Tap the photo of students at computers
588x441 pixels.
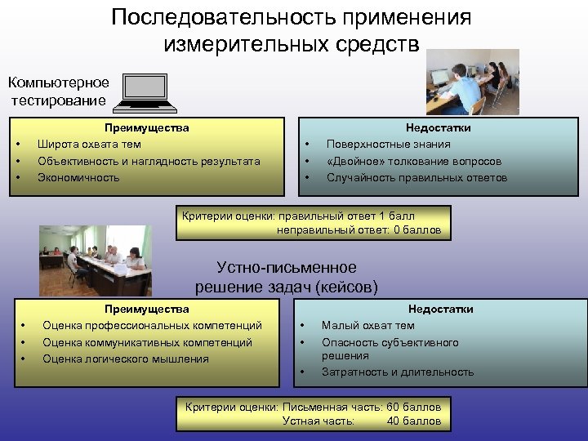(x=472, y=81)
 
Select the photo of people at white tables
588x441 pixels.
(x=96, y=261)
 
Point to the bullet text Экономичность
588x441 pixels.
(x=78, y=177)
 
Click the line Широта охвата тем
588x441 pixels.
(x=89, y=145)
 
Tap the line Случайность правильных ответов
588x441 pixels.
(x=416, y=177)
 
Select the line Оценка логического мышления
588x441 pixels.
(x=125, y=359)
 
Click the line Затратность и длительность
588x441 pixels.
(x=397, y=372)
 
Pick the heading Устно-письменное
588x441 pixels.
(x=287, y=268)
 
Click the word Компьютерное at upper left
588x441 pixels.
(x=58, y=83)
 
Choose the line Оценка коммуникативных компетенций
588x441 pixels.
(x=147, y=342)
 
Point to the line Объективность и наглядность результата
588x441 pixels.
(x=149, y=161)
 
